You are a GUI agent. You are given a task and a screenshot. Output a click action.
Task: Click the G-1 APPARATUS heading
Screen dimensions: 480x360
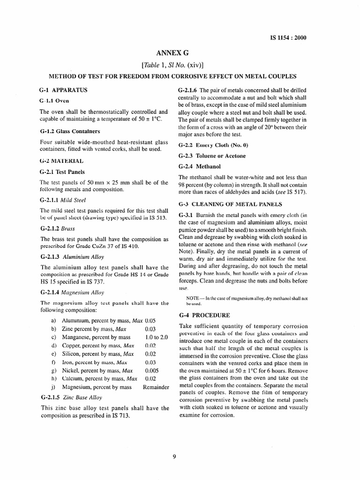63,89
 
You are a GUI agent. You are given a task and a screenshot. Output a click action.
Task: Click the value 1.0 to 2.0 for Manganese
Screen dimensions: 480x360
156,337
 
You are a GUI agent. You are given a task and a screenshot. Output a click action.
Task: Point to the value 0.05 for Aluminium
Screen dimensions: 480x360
150,320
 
